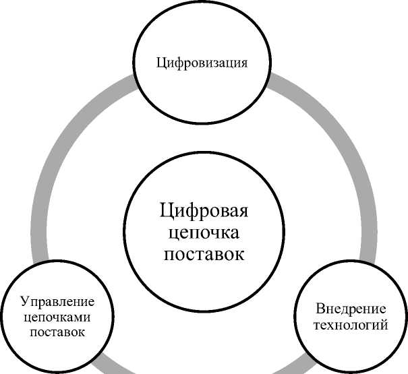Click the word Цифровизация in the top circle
click(202, 64)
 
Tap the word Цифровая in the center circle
click(204, 212)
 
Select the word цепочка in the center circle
click(204, 233)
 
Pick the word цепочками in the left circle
click(57, 316)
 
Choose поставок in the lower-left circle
click(57, 332)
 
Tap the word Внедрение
click(351, 310)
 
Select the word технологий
click(351, 326)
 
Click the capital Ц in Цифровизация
click(161, 64)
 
